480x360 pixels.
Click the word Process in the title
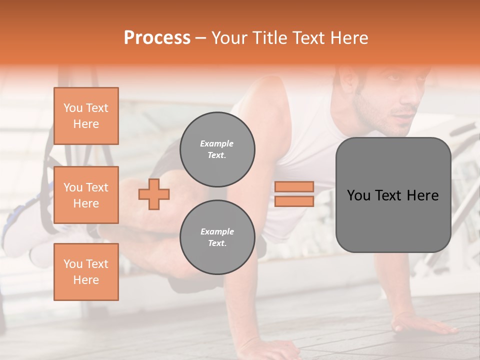coord(157,38)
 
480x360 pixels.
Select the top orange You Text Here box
coord(86,116)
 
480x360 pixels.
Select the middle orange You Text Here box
coord(86,195)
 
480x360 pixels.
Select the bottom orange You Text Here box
coord(86,272)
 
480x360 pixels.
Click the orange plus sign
coord(154,194)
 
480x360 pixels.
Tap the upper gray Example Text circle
coord(217,149)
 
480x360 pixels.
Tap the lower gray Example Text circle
coord(217,237)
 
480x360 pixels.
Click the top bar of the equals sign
coord(294,186)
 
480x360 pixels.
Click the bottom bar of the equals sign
coord(294,201)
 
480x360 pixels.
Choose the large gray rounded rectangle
coord(393,195)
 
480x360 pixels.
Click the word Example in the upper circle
coord(217,143)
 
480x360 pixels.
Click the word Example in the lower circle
coord(217,231)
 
